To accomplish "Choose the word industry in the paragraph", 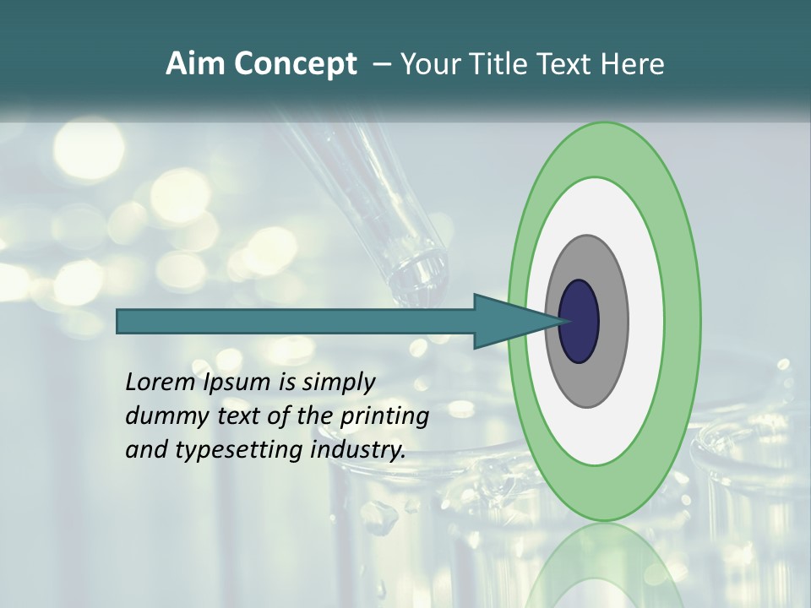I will tap(358, 450).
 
